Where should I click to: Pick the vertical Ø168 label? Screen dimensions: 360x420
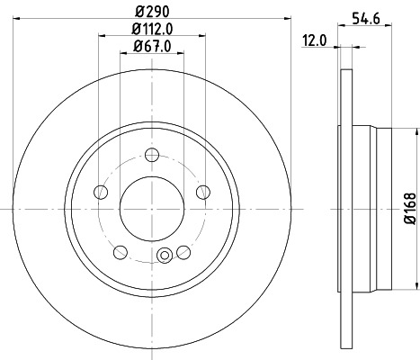click(409, 209)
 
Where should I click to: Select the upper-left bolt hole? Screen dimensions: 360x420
click(99, 190)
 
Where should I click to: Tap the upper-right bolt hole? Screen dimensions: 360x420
click(202, 190)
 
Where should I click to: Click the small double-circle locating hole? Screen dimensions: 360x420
click(164, 256)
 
